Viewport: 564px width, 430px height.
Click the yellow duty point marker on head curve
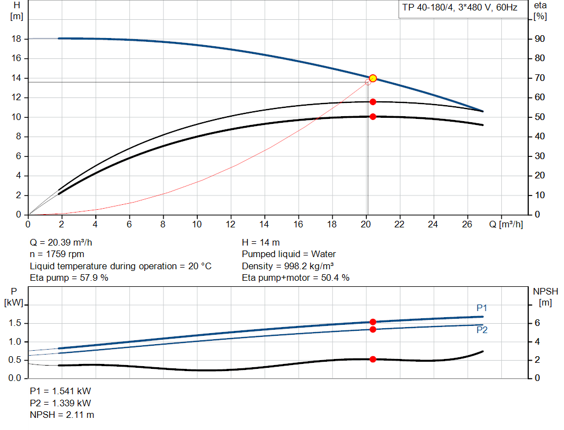373,78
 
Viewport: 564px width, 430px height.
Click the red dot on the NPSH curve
373,359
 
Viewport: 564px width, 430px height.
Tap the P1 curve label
481,308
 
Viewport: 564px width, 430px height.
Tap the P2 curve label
481,330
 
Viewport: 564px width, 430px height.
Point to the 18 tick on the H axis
17,39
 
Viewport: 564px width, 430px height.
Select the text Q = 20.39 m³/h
65,242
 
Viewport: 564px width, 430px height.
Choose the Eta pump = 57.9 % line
69,277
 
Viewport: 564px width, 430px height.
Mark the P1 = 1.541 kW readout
61,391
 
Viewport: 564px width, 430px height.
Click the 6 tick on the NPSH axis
537,323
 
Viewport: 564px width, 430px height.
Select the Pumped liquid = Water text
289,254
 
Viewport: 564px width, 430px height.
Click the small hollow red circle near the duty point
368,82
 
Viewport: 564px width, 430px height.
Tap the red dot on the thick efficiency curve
373,116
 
